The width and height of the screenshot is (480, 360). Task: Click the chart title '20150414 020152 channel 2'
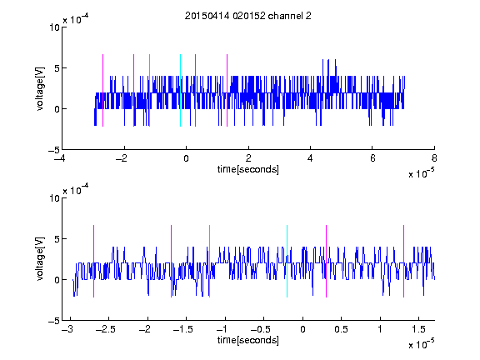tap(248, 16)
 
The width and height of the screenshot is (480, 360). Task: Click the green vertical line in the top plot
tap(149, 90)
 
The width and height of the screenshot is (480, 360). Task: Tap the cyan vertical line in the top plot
tap(180, 90)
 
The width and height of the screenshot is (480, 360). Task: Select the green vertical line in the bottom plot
tap(209, 261)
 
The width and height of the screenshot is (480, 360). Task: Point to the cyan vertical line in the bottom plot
tap(287, 261)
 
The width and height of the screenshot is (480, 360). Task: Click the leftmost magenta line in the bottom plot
tap(93, 261)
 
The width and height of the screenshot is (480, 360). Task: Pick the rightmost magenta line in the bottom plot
tap(403, 261)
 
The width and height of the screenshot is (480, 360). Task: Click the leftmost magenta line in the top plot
tap(102, 90)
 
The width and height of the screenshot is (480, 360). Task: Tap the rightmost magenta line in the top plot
tap(227, 90)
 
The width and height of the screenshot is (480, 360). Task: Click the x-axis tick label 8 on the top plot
tap(434, 158)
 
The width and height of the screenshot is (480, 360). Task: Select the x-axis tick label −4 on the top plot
tap(61, 158)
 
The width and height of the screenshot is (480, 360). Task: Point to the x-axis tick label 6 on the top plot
tap(372, 158)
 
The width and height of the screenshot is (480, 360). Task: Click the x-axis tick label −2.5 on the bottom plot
tap(105, 329)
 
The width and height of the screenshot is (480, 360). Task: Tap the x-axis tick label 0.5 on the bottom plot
tap(341, 329)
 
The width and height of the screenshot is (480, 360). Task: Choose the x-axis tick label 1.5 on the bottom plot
tap(418, 329)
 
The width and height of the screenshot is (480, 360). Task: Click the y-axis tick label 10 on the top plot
tap(54, 27)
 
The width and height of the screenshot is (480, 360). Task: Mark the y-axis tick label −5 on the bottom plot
tap(54, 321)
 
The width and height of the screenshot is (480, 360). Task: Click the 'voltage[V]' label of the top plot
tap(40, 89)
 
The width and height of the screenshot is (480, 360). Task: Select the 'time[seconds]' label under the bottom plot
tap(248, 340)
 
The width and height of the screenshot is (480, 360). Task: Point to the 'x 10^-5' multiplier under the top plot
tap(421, 173)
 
